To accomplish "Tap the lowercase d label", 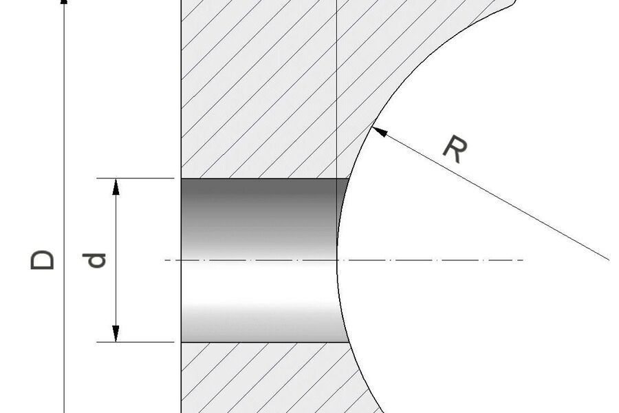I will pyautogui.click(x=98, y=260).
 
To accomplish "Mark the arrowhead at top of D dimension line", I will pyautogui.click(x=65, y=3).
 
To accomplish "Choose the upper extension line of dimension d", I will pyautogui.click(x=138, y=178).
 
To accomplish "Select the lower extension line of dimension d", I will pyautogui.click(x=138, y=342).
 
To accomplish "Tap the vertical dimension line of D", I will pyautogui.click(x=65, y=138).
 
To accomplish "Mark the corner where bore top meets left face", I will pyautogui.click(x=181, y=178).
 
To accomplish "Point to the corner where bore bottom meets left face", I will pyautogui.click(x=181, y=342).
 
